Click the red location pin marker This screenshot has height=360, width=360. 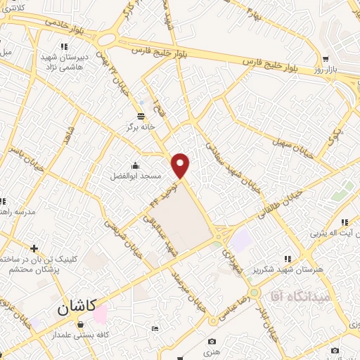click(x=181, y=166)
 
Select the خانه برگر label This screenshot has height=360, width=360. click(x=141, y=127)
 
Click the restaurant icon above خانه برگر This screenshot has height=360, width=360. click(x=141, y=116)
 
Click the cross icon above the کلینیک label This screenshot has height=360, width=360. click(x=34, y=247)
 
